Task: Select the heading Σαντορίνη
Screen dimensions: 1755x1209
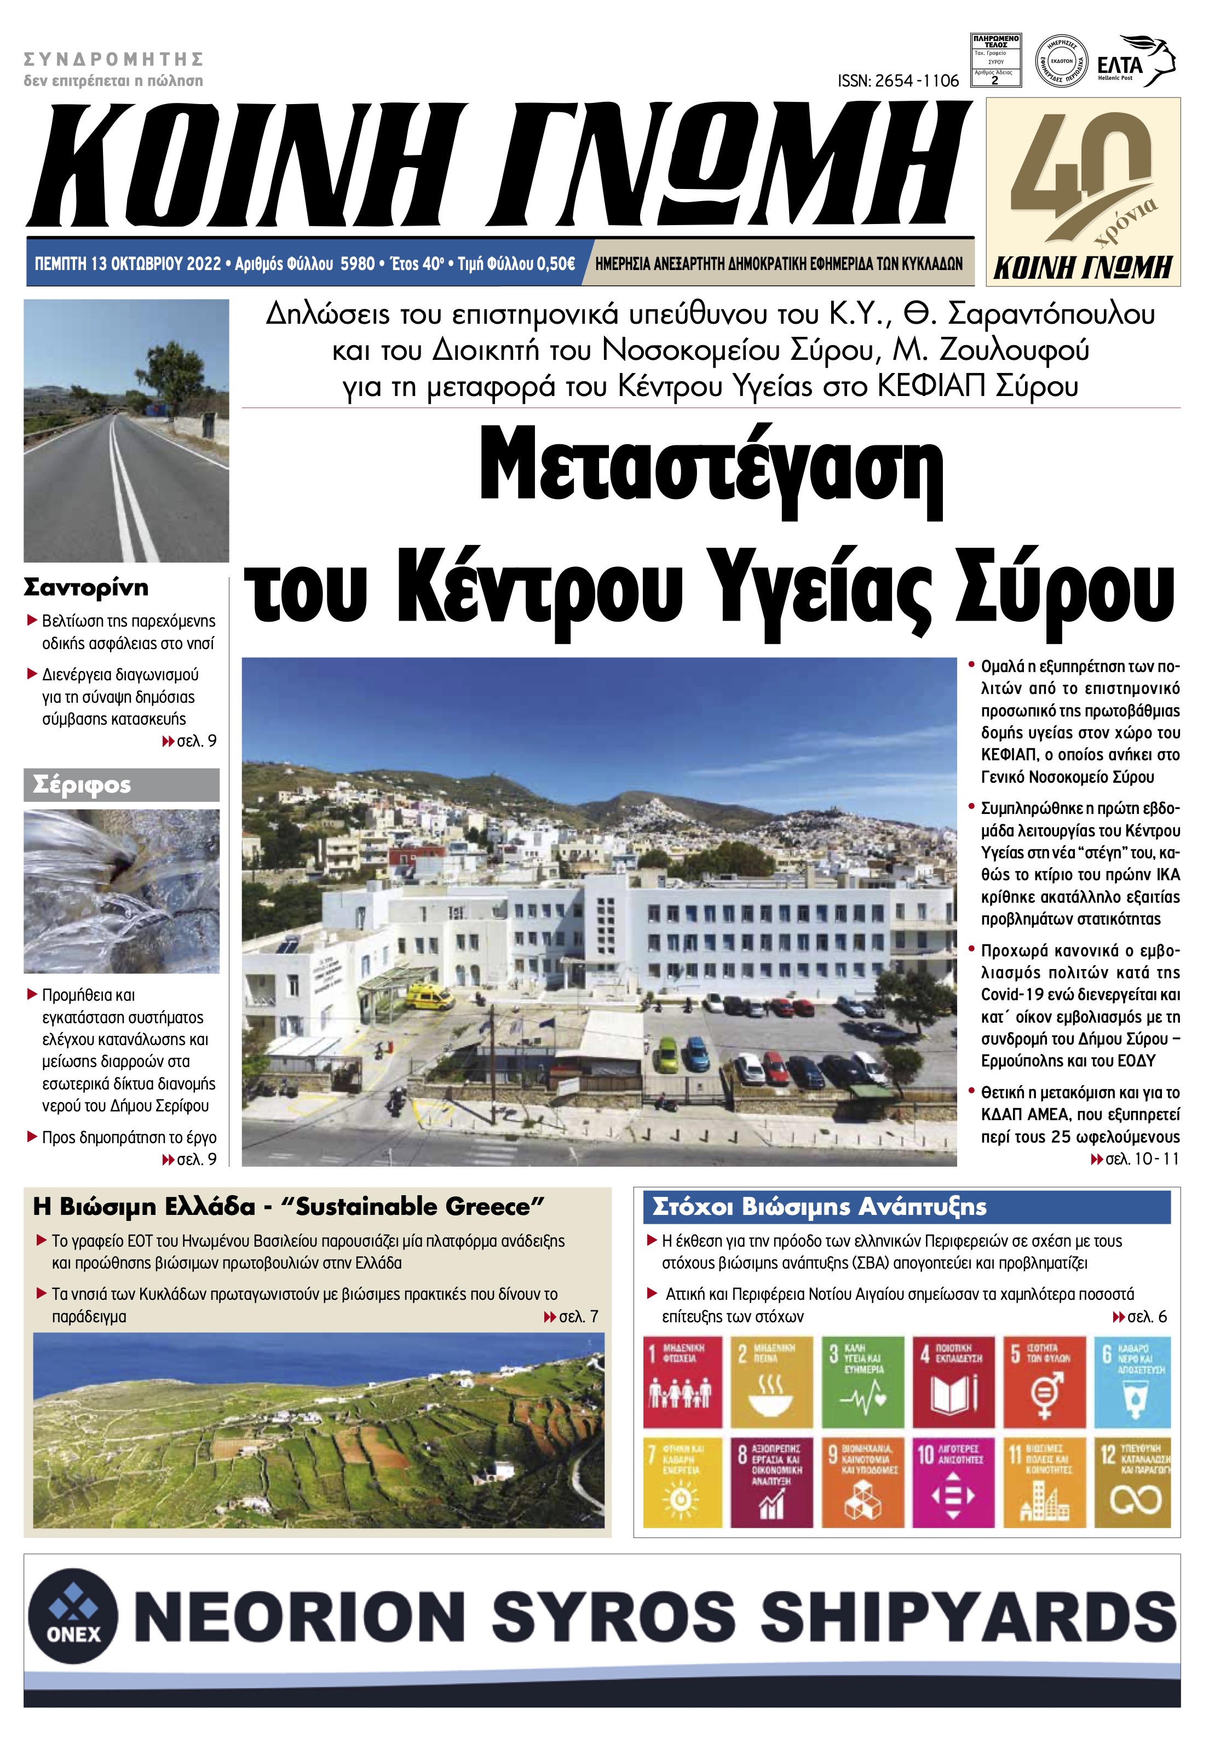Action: pos(87,588)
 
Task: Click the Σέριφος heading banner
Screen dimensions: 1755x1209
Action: pos(121,785)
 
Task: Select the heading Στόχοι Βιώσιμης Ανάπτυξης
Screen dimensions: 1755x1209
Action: pos(819,1207)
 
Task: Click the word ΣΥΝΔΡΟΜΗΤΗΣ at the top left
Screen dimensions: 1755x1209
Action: pos(114,59)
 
